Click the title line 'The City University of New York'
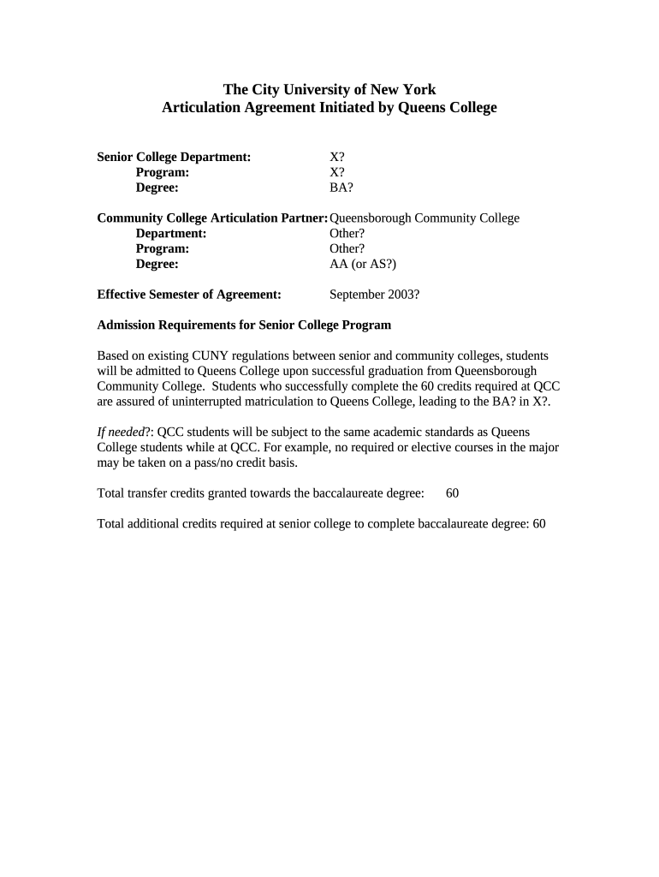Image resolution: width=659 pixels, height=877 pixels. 329,89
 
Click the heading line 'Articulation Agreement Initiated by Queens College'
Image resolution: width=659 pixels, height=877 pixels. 329,108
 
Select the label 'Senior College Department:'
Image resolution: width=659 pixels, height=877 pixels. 174,157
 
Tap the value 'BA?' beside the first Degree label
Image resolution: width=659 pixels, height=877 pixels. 341,188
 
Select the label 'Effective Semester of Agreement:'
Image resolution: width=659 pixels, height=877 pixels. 189,295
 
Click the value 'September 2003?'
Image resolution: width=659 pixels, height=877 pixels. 374,295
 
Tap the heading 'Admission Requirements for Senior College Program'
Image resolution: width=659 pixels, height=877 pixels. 244,325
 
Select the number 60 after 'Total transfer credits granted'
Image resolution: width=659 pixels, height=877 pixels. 453,493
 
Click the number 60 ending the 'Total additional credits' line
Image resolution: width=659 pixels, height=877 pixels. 538,523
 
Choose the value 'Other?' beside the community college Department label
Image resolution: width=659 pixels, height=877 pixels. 347,233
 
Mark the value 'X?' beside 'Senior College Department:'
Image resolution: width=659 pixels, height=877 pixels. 337,157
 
